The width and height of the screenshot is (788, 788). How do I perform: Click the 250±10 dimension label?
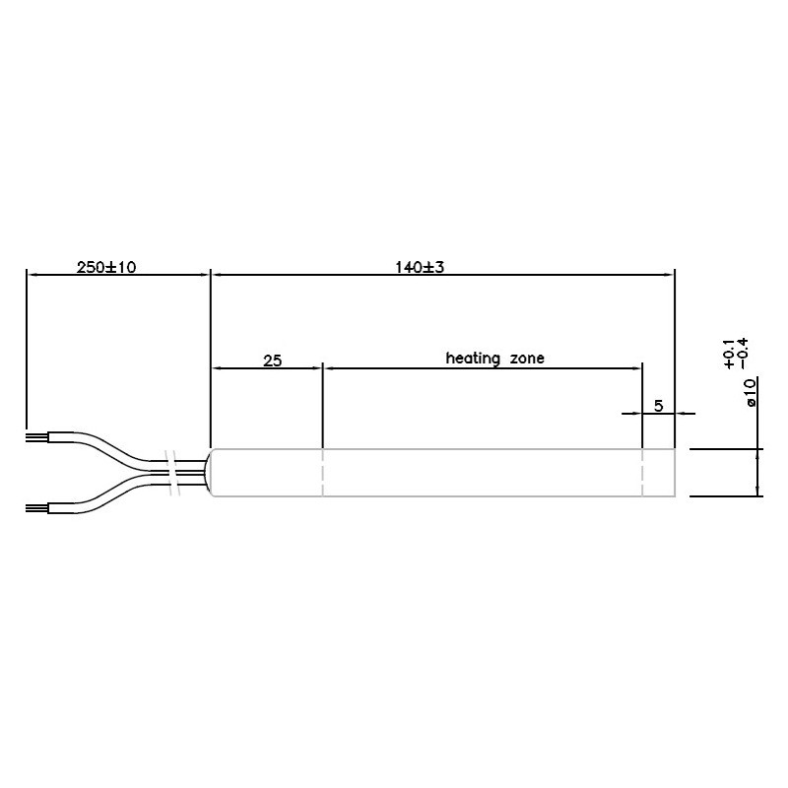106,267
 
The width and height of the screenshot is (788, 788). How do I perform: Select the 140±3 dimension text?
420,267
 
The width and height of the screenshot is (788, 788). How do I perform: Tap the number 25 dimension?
273,361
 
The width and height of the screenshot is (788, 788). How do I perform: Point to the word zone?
527,359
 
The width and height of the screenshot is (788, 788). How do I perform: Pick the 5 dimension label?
659,405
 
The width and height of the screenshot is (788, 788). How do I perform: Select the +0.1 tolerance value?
729,354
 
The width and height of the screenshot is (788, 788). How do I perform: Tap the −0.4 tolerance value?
744,354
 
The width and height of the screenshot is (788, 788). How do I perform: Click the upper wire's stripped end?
36,436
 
